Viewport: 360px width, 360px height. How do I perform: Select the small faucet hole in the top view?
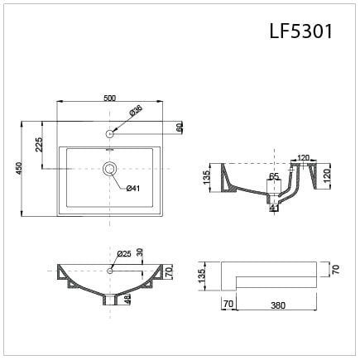[x=109, y=132]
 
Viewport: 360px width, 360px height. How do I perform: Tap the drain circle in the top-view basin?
[x=109, y=168]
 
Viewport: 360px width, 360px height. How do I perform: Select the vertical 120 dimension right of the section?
[x=328, y=175]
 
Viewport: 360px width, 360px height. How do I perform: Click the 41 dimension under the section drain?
[x=273, y=209]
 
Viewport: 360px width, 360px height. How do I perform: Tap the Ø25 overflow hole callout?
[x=124, y=253]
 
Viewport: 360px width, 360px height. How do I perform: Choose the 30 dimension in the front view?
[x=140, y=252]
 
